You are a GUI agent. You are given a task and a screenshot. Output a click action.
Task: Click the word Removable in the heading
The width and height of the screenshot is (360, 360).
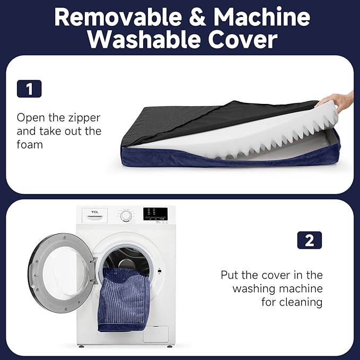[x=118, y=17]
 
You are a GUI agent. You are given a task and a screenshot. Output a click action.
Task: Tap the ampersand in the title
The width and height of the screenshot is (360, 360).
[x=197, y=17]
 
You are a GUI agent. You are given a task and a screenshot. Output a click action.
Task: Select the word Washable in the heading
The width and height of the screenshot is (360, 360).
[x=145, y=39]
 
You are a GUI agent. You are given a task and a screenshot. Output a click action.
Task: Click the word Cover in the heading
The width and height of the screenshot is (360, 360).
[x=243, y=39]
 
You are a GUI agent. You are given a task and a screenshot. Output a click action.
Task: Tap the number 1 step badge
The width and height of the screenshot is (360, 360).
[x=29, y=89]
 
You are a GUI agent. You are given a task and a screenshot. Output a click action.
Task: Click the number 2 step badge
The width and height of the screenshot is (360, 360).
[x=310, y=240]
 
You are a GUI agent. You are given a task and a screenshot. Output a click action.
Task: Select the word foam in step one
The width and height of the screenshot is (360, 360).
[x=30, y=145]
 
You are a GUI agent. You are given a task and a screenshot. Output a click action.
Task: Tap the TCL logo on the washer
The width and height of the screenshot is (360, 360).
[x=95, y=212]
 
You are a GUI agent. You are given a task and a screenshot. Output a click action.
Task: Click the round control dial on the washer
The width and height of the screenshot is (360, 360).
[x=126, y=215]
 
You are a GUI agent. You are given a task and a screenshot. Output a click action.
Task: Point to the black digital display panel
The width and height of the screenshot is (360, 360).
[x=155, y=214]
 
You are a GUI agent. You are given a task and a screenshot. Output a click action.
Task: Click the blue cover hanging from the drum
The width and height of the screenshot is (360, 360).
[x=124, y=300]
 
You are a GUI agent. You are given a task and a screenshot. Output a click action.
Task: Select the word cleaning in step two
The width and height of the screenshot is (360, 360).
[x=301, y=302]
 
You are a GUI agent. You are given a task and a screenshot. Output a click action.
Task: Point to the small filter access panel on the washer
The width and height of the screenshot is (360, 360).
[x=156, y=334]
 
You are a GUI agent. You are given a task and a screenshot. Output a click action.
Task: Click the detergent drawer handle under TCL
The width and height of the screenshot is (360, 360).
[x=94, y=217]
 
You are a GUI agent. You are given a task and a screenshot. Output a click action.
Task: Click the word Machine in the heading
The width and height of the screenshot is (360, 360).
[x=262, y=17]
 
